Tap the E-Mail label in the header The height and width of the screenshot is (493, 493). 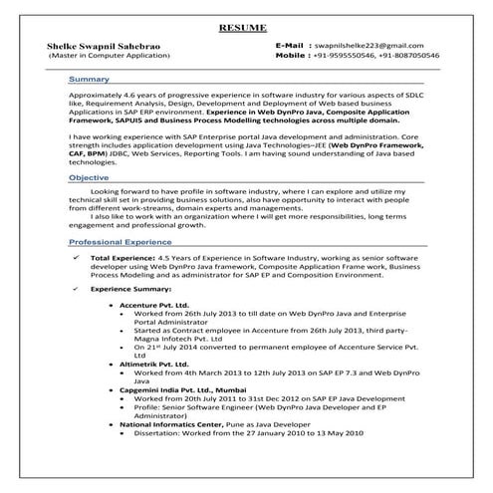(295, 47)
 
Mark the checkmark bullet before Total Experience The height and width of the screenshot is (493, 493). (79, 257)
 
